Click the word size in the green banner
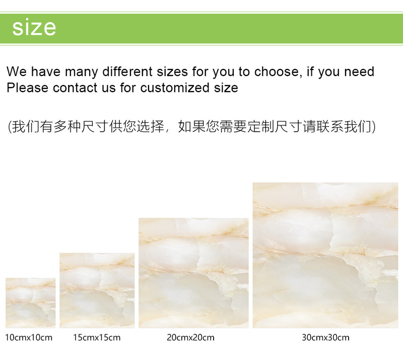coord(34,28)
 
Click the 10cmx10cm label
coord(29,337)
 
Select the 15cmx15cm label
coord(97,337)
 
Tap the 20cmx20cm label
coord(190,337)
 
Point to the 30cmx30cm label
coord(325,337)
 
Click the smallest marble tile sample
coord(31,303)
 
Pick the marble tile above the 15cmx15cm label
coord(97,291)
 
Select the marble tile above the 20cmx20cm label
coord(193,273)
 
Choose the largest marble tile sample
coord(325,255)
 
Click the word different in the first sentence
coord(127,71)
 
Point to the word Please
coord(27,88)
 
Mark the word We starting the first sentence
coord(17,71)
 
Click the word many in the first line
coord(81,72)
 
